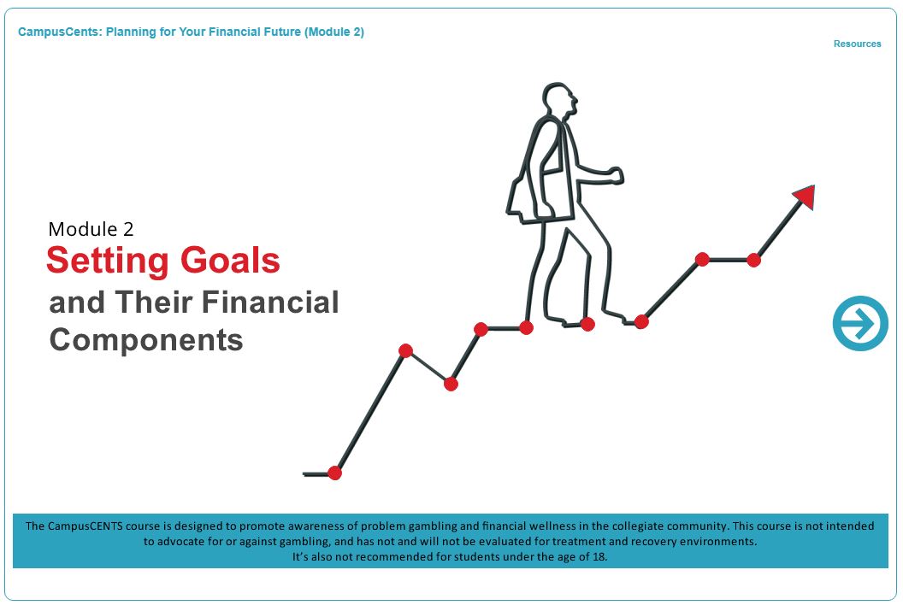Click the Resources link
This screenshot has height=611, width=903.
click(x=857, y=44)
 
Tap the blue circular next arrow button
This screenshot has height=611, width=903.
click(x=860, y=323)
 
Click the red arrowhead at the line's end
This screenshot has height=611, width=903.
click(x=806, y=197)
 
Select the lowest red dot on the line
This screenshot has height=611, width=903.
click(x=334, y=473)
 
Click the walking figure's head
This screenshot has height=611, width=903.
click(x=558, y=101)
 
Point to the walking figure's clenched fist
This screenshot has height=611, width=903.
click(x=617, y=175)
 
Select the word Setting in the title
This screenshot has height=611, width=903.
click(x=108, y=261)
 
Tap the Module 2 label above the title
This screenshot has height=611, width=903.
click(x=91, y=229)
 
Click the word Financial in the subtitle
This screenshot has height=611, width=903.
click(x=271, y=302)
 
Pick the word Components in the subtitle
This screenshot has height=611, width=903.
click(x=146, y=340)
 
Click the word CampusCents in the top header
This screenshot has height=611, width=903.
click(x=59, y=32)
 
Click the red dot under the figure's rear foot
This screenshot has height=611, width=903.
click(x=587, y=324)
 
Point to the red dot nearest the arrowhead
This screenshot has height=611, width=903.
click(x=754, y=260)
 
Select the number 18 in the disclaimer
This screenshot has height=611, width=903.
click(x=599, y=557)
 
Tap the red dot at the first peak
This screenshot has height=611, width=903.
click(x=405, y=350)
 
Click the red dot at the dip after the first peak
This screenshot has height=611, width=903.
click(x=451, y=384)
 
